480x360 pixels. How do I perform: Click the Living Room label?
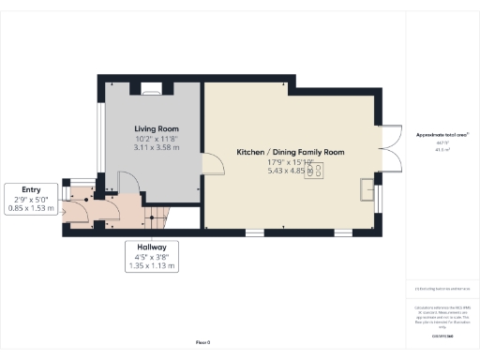(x=156, y=128)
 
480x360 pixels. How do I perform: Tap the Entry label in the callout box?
(x=30, y=188)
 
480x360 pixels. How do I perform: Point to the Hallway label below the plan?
(x=151, y=247)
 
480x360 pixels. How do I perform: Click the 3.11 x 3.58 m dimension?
(x=156, y=147)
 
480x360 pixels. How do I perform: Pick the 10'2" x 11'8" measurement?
(x=156, y=138)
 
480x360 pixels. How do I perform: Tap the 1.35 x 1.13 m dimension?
(x=151, y=266)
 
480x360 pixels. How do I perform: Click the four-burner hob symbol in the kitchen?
(x=319, y=170)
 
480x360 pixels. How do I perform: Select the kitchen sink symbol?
(x=366, y=191)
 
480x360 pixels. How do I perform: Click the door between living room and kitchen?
(x=212, y=165)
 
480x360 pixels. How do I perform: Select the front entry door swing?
(x=78, y=214)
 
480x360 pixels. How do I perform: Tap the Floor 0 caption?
(x=202, y=342)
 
